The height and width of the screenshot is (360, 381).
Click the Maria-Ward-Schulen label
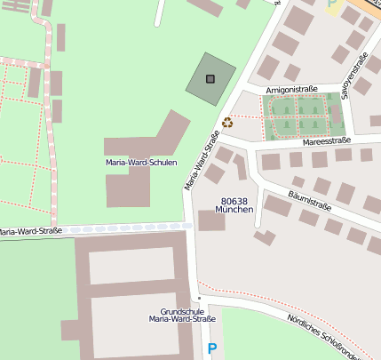tap(140, 163)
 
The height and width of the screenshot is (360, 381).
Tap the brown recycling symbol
tap(227, 123)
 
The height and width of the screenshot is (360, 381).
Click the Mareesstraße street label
tap(327, 140)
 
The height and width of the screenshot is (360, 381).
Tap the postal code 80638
tap(234, 202)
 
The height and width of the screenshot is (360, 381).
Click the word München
tap(235, 211)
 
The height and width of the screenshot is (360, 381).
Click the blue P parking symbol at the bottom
tap(211, 349)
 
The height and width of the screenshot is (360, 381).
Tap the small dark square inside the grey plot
tap(210, 79)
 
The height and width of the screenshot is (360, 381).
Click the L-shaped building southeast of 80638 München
tap(264, 236)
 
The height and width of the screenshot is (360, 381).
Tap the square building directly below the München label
tap(211, 221)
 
